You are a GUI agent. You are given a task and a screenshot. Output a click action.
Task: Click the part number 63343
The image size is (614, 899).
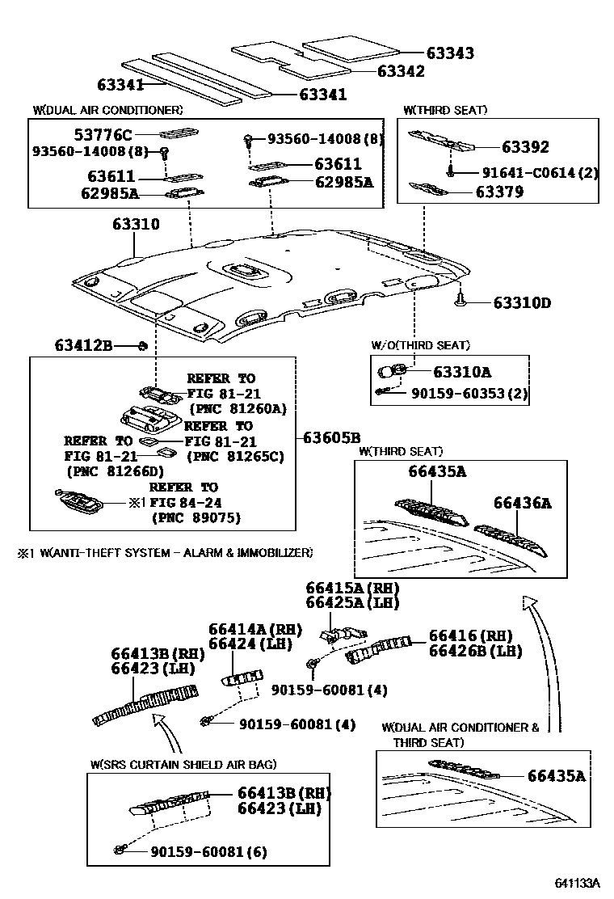(x=450, y=53)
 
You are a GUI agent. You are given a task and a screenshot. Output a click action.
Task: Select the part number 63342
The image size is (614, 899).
(x=401, y=71)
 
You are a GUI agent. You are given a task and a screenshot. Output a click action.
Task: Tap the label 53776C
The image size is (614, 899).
(x=105, y=134)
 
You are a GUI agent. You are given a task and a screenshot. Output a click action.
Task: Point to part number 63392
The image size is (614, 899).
(x=524, y=147)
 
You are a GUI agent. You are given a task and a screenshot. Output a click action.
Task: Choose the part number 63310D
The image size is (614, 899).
(x=522, y=303)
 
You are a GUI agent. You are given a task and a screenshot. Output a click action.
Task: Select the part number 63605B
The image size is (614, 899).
(x=331, y=438)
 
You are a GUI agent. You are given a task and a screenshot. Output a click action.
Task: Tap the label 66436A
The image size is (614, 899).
(x=522, y=503)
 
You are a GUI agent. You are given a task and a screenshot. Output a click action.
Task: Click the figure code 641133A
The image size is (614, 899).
(x=578, y=883)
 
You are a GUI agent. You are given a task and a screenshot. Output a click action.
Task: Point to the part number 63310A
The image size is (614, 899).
(x=462, y=372)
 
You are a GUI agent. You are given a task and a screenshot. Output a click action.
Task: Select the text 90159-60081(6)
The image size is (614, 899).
(x=208, y=851)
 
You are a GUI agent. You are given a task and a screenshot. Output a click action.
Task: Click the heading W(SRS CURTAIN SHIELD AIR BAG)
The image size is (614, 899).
(x=183, y=764)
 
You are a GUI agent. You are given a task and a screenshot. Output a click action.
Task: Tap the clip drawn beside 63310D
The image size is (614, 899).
(x=460, y=301)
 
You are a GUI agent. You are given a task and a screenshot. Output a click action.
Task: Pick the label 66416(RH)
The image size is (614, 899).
(x=470, y=636)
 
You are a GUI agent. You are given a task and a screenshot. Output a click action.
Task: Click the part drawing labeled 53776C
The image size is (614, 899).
(x=179, y=134)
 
